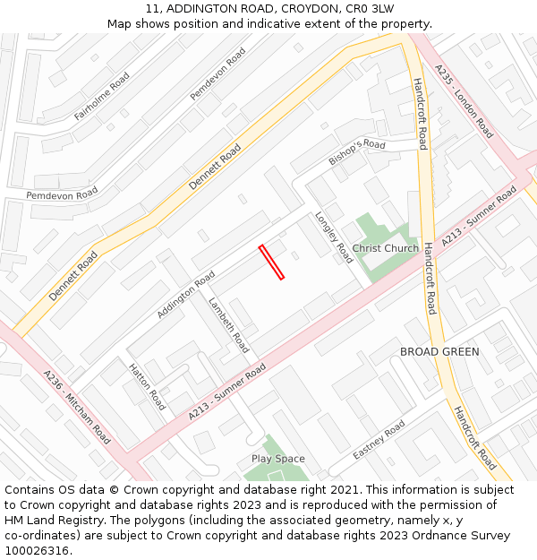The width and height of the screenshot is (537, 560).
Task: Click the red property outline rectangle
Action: click(271, 262)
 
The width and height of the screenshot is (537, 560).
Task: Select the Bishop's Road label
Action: click(356, 152)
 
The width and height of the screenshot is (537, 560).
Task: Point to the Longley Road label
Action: click(333, 237)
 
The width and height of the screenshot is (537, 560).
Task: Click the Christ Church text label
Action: click(385, 248)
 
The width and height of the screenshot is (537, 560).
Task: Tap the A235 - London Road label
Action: click(464, 100)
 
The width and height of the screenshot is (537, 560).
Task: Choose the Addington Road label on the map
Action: click(186, 294)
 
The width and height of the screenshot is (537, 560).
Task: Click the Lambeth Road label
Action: click(228, 324)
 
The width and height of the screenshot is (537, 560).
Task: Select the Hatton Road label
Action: click(147, 387)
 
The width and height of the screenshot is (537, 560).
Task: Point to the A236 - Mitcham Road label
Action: click(77, 408)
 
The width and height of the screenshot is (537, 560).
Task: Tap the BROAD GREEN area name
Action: click(439, 352)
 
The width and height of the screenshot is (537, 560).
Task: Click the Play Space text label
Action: click(277, 459)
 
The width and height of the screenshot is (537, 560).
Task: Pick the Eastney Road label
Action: click(379, 441)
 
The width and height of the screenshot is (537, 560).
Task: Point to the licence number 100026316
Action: click(37, 551)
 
